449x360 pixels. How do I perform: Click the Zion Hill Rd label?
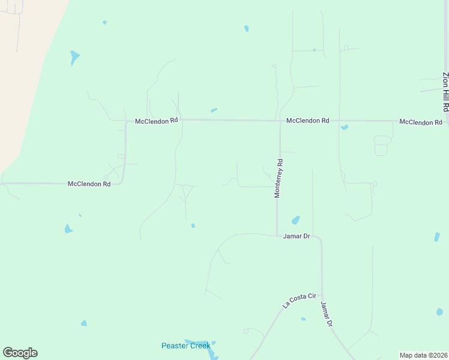pos(445,91)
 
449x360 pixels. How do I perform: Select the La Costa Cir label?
pos(299,300)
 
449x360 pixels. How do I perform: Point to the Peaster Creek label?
pos(185,346)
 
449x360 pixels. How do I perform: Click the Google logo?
pos(20,353)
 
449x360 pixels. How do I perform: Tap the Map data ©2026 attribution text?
pos(423,355)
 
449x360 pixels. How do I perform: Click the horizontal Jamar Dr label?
pos(296,236)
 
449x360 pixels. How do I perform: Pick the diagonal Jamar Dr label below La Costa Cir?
pos(327,314)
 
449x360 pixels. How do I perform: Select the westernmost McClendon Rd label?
pos(89,184)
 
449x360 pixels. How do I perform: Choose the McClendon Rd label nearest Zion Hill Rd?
pos(420,122)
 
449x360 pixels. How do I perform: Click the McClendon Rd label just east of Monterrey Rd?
pos(307,121)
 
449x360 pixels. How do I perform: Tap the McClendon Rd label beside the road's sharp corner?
pos(156,121)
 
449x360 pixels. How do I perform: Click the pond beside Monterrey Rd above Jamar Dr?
pos(295,220)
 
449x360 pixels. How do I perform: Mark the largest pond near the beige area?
pos(74,58)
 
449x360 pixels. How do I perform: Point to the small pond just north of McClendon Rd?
pos(214,110)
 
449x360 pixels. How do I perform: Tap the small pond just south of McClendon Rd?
pos(344,127)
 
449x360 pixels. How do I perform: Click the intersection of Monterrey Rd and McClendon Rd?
pos(280,121)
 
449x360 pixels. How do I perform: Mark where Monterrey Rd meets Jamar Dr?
pos(277,235)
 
